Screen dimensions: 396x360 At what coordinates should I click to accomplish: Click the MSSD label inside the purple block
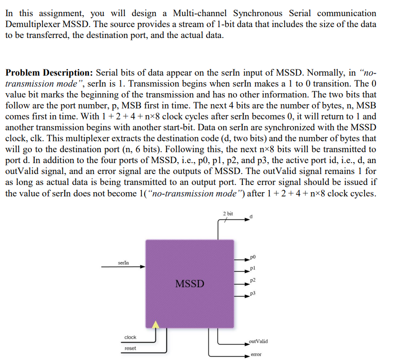click(189, 284)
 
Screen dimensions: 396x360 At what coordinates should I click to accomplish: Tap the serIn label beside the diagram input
click(123, 263)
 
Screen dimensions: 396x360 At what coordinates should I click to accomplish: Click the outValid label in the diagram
click(258, 341)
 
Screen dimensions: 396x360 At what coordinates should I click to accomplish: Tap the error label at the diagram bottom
click(256, 355)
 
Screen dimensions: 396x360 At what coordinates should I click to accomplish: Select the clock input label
click(130, 337)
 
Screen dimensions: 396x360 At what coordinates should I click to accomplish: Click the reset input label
click(130, 349)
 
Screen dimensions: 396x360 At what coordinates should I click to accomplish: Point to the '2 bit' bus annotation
click(228, 214)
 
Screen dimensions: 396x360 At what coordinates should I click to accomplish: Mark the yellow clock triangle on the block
click(156, 324)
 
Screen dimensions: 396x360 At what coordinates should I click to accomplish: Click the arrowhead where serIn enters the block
click(142, 267)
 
